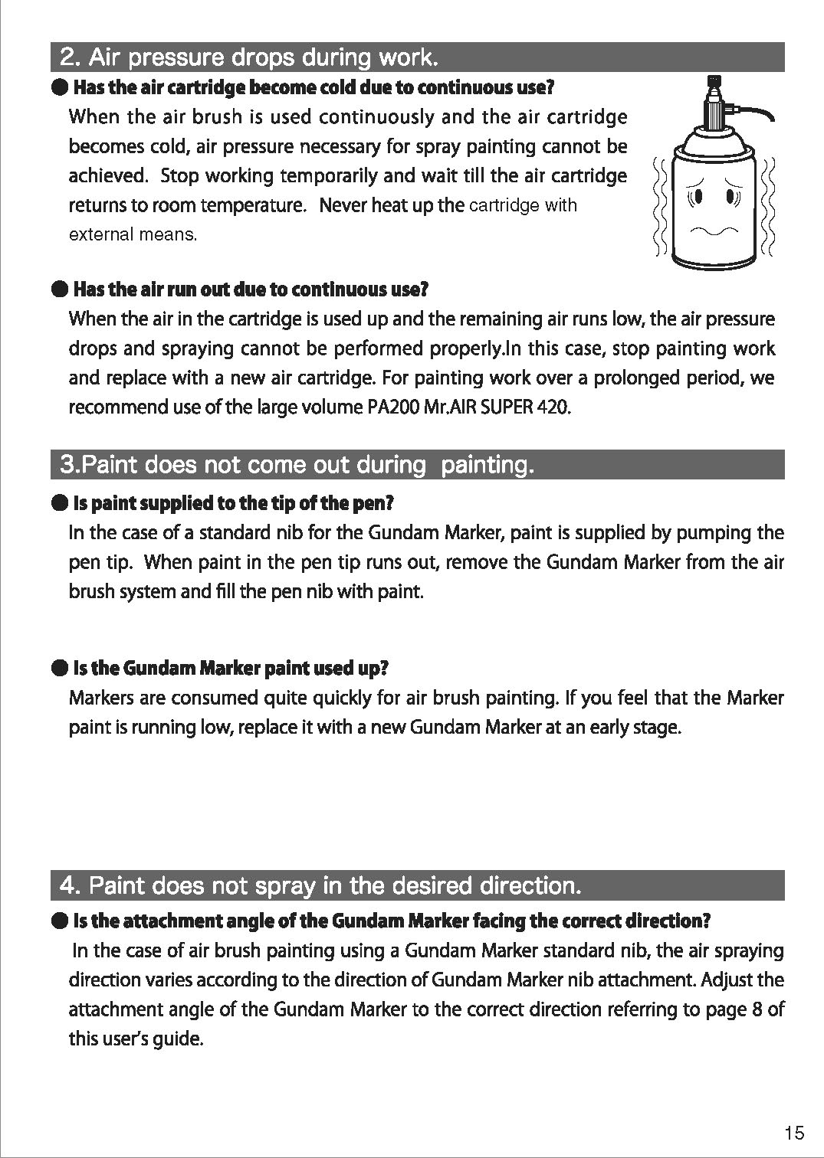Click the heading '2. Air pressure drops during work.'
coord(249,57)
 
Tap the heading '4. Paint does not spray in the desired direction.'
coord(321,885)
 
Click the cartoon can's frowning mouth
coord(714,231)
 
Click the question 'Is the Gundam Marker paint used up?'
coord(231,669)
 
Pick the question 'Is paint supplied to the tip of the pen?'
coord(233,503)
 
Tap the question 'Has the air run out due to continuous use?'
coord(250,289)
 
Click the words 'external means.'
coord(133,235)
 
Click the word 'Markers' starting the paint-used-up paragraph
coord(99,698)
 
